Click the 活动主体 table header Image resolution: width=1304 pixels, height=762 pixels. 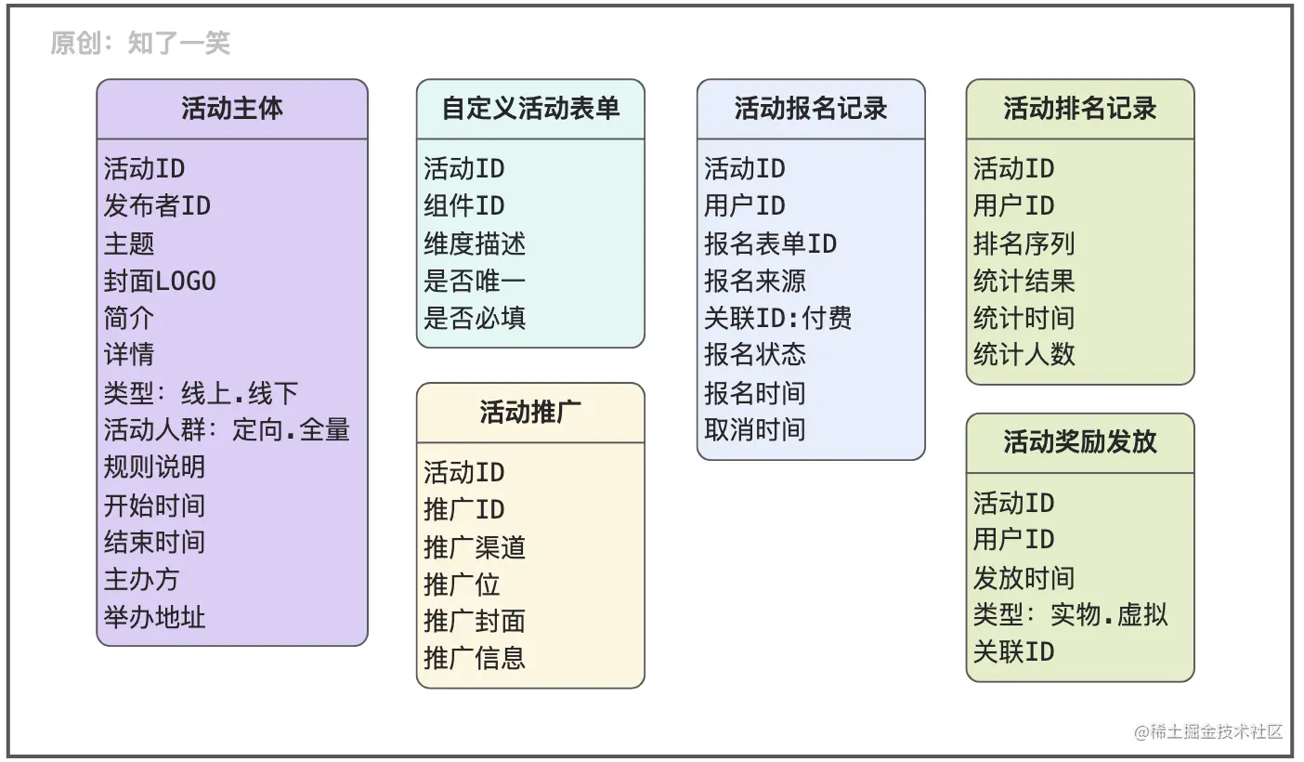[232, 109]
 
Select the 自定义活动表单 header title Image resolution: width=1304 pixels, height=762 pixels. [530, 109]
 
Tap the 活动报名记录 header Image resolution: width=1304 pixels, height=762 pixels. [811, 109]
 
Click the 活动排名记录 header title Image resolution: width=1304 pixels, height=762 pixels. [1079, 109]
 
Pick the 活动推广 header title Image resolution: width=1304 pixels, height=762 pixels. [530, 412]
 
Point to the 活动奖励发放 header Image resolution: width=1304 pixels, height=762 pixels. [1079, 441]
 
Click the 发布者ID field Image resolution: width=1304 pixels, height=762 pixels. [157, 206]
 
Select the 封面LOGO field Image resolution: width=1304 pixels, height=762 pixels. [160, 281]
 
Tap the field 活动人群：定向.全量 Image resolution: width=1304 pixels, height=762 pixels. [227, 429]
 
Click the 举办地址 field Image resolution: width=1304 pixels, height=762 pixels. [154, 617]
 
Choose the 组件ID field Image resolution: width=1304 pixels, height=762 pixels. [464, 206]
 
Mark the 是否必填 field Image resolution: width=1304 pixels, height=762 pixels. [475, 318]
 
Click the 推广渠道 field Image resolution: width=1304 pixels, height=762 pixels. [475, 547]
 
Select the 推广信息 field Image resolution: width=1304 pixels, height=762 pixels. [475, 658]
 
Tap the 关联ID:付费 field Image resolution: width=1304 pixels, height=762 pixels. [777, 318]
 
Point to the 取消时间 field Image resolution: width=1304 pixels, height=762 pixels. [754, 429]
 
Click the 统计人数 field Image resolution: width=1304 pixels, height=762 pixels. [1024, 354]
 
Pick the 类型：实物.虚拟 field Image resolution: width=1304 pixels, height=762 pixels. [1070, 614]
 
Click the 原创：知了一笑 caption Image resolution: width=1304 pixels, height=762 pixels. [140, 43]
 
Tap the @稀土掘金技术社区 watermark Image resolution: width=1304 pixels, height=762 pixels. [1208, 732]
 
